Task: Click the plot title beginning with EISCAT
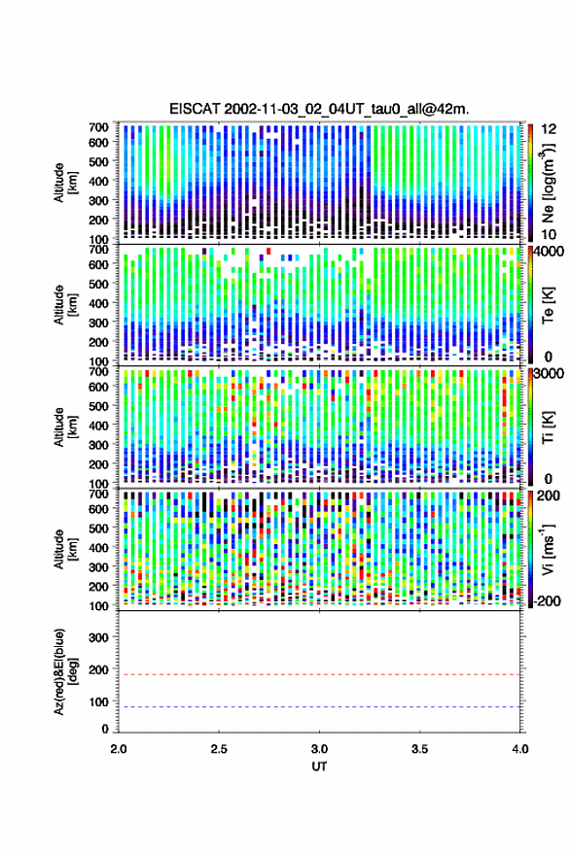[x=319, y=109]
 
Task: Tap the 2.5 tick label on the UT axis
[x=219, y=749]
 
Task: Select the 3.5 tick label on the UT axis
[x=419, y=749]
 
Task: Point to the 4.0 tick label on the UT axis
[x=520, y=749]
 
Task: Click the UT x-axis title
[x=319, y=767]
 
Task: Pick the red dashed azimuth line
[x=319, y=674]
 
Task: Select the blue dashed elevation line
[x=319, y=707]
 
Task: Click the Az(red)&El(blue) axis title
[x=65, y=671]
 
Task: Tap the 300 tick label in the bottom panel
[x=98, y=637]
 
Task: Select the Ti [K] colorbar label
[x=548, y=427]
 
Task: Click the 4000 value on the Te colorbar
[x=550, y=253]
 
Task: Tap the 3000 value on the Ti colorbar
[x=550, y=374]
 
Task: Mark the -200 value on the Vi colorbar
[x=549, y=600]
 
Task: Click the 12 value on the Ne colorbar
[x=550, y=129]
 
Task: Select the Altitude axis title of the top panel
[x=65, y=183]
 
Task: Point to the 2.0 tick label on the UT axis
[x=119, y=749]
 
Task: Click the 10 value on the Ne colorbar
[x=549, y=234]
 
